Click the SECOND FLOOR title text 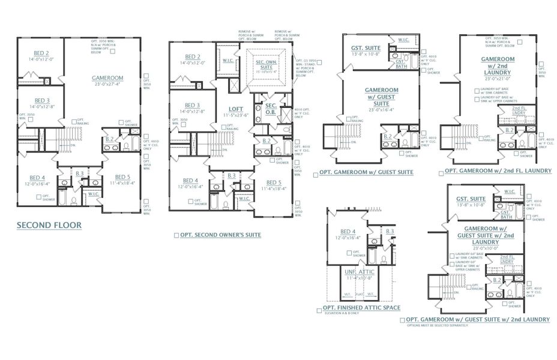click(x=49, y=226)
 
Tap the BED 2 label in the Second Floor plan click(x=41, y=53)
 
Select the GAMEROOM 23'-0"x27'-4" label click(x=107, y=78)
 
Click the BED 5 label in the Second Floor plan click(x=122, y=178)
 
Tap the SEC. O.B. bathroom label click(x=271, y=108)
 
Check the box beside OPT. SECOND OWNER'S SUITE click(x=176, y=236)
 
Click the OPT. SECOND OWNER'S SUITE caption click(x=220, y=235)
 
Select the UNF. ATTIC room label click(x=359, y=272)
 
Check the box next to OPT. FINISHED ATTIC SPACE click(x=318, y=310)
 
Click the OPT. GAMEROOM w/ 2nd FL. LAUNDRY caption click(x=498, y=172)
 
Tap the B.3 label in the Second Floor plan click(x=79, y=174)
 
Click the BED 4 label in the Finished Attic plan click(x=348, y=232)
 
